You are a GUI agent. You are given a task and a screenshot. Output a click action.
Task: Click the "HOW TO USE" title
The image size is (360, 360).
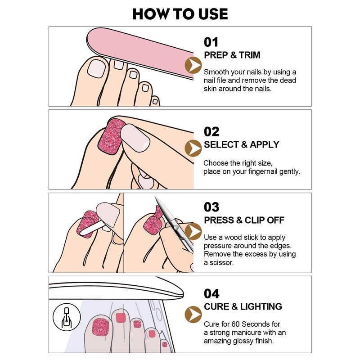180,14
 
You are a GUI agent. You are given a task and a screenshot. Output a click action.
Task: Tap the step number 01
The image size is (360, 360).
211,42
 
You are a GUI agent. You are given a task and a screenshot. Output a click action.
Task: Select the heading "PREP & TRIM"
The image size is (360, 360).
232,55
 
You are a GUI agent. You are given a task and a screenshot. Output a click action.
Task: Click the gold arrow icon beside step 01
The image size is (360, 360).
193,65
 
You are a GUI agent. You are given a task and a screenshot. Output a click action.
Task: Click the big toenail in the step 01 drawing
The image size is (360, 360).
96,68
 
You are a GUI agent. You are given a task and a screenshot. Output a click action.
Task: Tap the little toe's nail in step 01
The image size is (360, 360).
155,102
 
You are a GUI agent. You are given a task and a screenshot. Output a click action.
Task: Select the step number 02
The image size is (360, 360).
211,132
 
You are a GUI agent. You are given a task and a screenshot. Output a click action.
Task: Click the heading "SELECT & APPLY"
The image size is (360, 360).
242,144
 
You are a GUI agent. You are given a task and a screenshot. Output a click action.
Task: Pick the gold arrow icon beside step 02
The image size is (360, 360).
193,148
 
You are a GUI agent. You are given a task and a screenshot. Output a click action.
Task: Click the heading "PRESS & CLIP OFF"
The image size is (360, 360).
244,220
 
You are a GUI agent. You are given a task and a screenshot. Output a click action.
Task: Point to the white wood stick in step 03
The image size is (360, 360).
92,229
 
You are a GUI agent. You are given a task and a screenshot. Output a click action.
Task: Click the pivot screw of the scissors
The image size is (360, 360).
176,227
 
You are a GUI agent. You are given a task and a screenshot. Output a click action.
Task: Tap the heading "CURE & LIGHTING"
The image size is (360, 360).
243,307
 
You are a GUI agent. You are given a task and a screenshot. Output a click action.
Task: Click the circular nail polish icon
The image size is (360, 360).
67,317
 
